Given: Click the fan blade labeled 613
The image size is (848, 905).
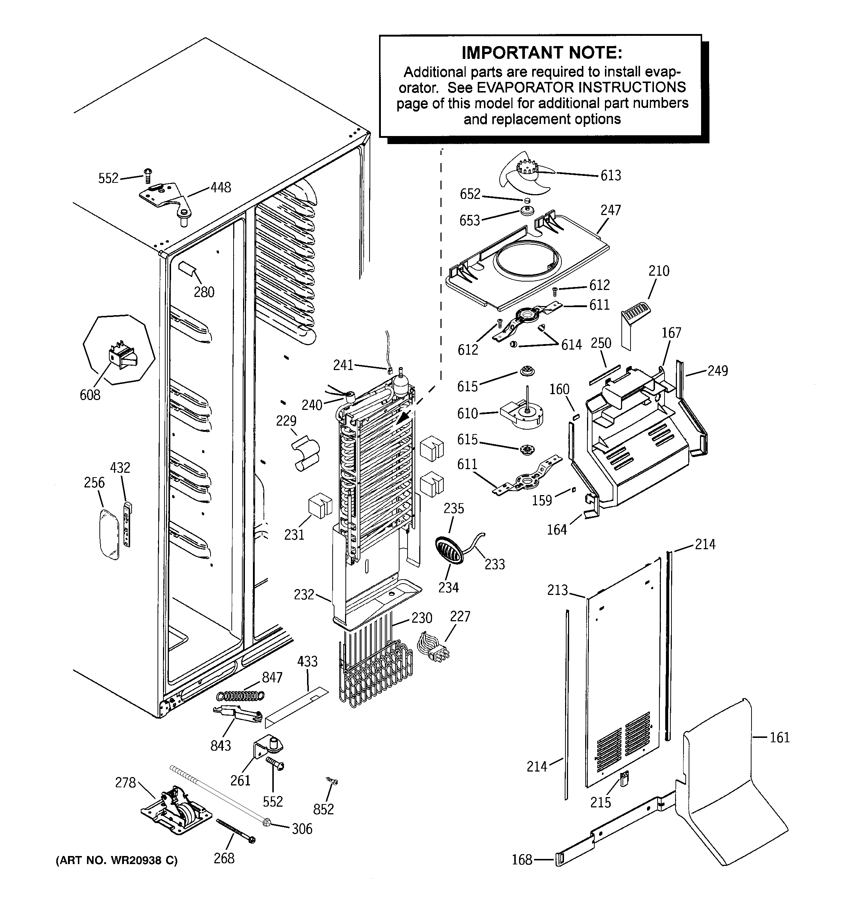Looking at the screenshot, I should coord(526,175).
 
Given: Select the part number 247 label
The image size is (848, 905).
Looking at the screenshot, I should coord(610,210).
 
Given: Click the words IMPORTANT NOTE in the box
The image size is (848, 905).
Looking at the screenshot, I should coord(542,53).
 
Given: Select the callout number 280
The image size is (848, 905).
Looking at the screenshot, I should coord(204,292).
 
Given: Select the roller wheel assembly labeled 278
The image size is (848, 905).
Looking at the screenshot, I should coord(177,815).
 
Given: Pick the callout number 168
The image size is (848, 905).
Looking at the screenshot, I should coord(522,860).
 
